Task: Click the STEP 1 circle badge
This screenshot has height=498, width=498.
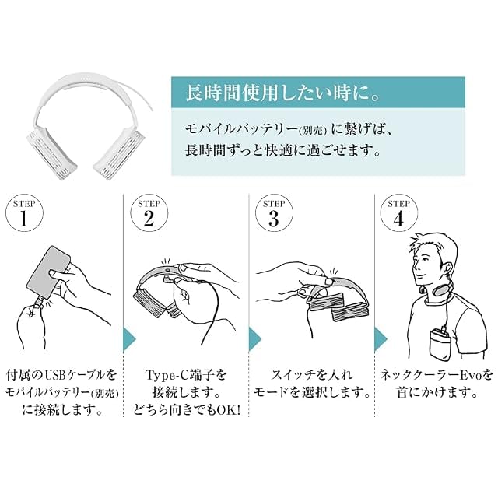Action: [24, 212]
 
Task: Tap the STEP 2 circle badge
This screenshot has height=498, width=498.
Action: [149, 212]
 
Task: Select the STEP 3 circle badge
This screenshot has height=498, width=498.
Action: [274, 212]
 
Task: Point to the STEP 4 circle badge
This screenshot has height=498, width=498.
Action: [399, 212]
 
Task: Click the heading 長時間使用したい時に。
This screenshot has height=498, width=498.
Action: [282, 93]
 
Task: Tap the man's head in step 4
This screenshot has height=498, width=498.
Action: [433, 260]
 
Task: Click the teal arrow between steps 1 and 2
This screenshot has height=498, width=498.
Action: [129, 339]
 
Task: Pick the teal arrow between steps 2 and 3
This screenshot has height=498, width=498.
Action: [254, 339]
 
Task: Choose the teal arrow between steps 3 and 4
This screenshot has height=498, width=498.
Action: [381, 339]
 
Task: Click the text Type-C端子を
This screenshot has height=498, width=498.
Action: [186, 375]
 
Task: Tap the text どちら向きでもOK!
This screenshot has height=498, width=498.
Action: [187, 410]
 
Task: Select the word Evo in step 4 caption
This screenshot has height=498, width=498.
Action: [472, 375]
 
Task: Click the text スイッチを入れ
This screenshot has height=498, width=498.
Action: [312, 375]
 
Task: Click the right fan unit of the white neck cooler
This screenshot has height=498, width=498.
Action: [120, 153]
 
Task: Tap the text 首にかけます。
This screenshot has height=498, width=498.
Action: [437, 393]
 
